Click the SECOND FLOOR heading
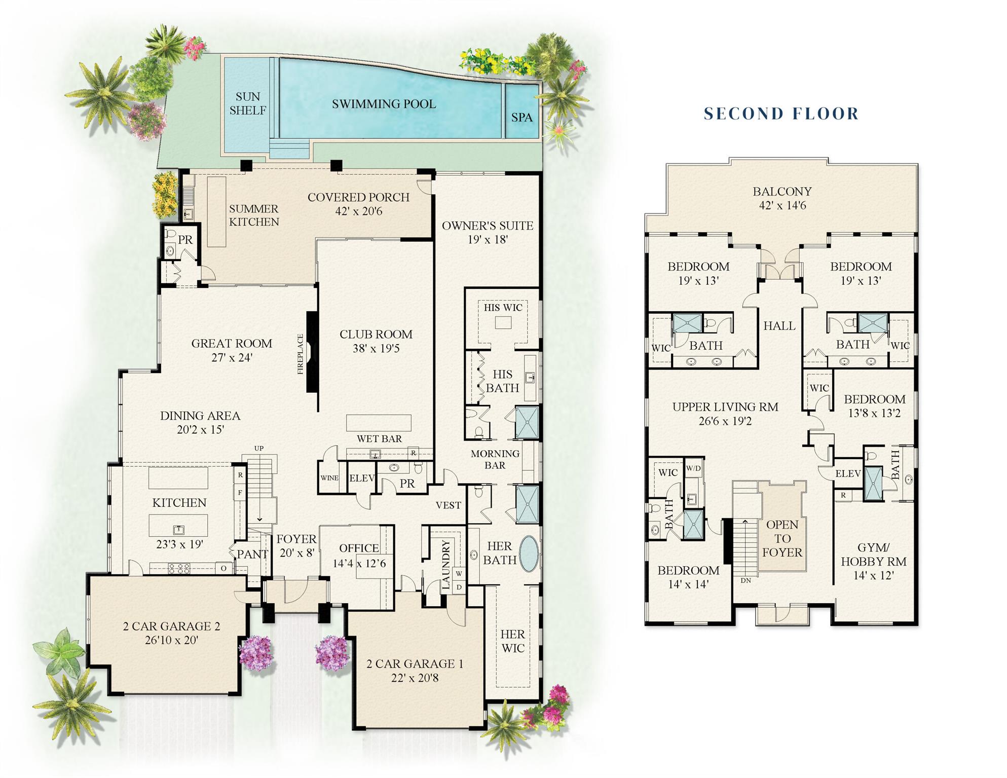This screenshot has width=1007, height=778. coord(781,114)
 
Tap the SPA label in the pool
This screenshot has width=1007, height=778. coord(521,118)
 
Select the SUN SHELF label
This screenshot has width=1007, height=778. coord(247,103)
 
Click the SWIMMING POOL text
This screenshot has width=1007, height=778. coord(384,104)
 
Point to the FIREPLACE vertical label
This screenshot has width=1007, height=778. coord(300,354)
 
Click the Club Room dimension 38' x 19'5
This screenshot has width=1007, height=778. coord(376,349)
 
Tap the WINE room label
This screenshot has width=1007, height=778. coord(329,478)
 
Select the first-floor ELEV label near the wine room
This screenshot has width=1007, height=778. coord(362,478)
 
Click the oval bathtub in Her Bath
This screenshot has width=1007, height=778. coord(528,554)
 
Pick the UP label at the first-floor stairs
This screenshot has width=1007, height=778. coord(259,449)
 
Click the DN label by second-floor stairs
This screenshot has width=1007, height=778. coord(745,580)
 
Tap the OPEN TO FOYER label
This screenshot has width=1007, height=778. coord(782,538)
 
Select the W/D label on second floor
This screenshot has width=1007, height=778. coord(693,468)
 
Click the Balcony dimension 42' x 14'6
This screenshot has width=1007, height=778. coord(782,206)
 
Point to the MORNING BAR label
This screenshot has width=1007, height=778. coord(495,459)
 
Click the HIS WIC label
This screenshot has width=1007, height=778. coord(503,308)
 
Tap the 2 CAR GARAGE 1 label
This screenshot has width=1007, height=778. coord(415,663)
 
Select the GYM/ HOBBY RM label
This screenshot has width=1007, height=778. coord(873,554)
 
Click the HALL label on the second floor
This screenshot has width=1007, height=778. coord(779,326)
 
